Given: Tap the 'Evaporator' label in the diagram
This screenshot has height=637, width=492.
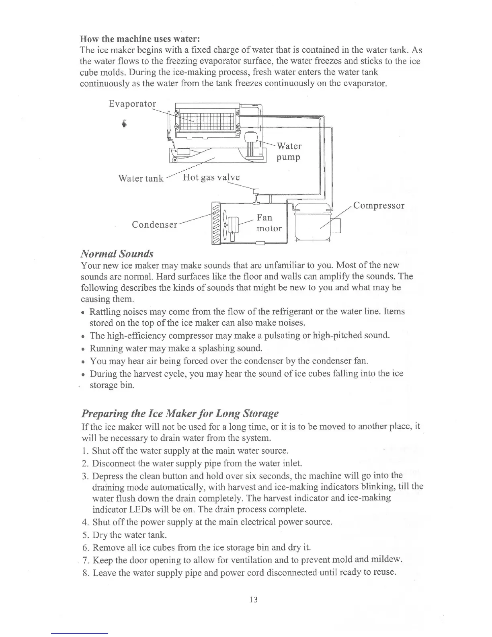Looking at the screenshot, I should point(132,104).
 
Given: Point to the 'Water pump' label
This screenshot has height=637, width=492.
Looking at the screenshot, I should point(289,151).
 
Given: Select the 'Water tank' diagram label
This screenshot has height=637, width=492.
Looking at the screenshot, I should point(141,179).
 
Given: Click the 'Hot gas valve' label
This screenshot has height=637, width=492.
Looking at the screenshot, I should point(211,177).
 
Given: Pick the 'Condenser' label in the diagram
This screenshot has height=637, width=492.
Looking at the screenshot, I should point(154,224).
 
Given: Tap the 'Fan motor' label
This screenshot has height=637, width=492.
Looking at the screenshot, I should point(269,223).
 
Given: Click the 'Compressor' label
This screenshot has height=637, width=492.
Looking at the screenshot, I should point(379,206).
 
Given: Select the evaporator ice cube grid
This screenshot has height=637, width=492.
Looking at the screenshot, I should point(207,119).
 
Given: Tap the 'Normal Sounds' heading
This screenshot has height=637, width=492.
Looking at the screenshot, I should point(117,254).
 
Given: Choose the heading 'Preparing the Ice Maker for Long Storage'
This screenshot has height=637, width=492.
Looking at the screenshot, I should point(180,413).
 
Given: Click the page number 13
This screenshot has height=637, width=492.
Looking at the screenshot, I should point(253,600).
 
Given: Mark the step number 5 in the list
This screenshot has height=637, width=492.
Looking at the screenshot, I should point(85,535).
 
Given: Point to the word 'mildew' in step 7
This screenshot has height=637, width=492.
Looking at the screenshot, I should point(387,560).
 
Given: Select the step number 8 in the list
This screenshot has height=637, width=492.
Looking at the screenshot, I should point(85,572).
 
